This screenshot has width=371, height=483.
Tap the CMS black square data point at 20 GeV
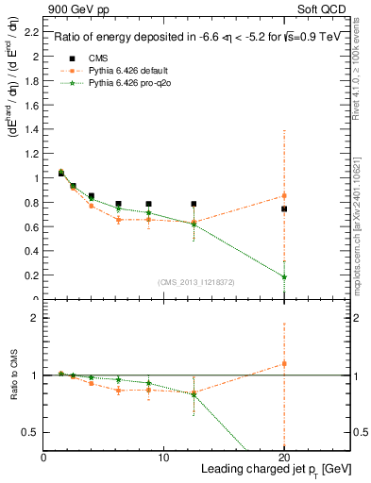[284, 208]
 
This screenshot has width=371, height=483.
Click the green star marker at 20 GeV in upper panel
[284, 277]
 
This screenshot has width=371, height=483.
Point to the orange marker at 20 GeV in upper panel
[284, 195]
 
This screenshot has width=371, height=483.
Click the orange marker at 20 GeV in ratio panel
[284, 363]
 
